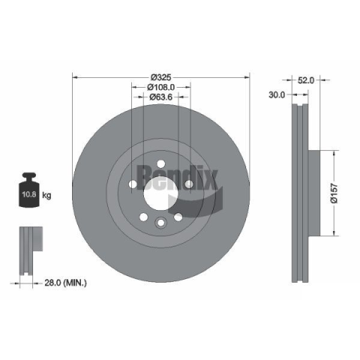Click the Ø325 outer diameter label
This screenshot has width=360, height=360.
coord(161,77)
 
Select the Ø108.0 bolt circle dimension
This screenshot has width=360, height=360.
coord(161,87)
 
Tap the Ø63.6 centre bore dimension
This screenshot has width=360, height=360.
coord(161,97)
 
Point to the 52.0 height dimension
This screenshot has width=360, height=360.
coord(306,80)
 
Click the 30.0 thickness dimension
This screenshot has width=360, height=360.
coord(277,94)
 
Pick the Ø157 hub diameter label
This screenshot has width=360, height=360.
coord(334,193)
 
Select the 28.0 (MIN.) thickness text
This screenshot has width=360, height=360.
coord(65,283)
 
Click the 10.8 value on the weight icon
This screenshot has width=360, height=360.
coord(29,194)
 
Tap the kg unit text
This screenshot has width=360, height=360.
coord(46,195)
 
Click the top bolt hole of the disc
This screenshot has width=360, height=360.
coord(161,164)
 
